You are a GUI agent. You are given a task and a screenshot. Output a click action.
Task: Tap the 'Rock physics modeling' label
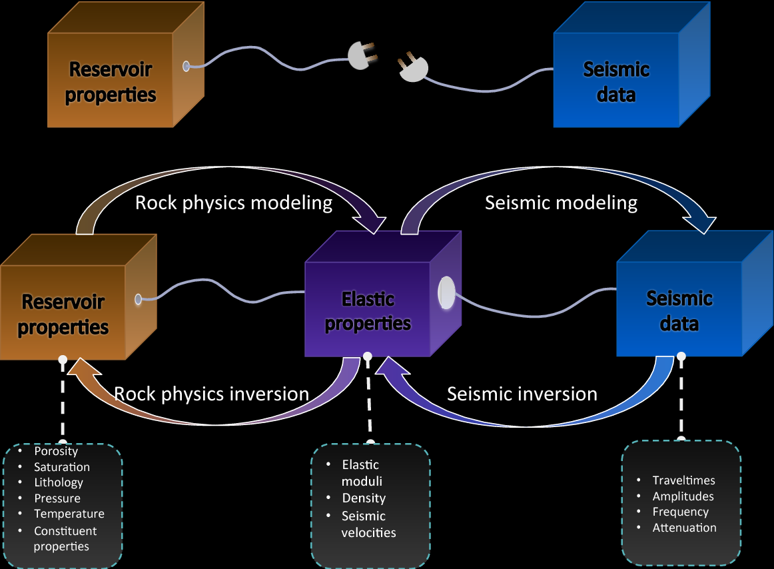coord(234,203)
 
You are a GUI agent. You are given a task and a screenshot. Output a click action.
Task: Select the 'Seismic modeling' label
coord(561,203)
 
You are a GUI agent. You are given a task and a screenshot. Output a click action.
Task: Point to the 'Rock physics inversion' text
coord(211,394)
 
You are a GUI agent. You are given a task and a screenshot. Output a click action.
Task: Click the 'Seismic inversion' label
coord(522,394)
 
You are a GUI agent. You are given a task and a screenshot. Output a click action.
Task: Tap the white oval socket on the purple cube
coord(446,293)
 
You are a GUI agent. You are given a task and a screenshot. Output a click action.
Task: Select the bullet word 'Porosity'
coord(56,452)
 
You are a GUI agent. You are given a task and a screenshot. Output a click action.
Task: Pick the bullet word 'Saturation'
coord(62,467)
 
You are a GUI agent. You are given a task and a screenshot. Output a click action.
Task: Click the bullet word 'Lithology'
coord(59,482)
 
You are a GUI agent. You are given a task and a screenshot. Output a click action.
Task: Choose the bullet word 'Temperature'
coord(69,514)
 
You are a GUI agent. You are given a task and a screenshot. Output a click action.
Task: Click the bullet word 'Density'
coord(364,498)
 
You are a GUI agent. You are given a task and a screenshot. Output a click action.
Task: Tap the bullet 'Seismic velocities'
coord(368,524)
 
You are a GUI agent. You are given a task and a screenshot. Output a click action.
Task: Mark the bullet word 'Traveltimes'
coord(683,480)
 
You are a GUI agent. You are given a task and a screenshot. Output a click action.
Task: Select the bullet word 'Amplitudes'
coord(683,496)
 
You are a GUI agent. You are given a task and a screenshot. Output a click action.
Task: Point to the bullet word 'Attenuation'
coord(684,528)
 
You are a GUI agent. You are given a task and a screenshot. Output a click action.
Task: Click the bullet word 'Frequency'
coord(680,512)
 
